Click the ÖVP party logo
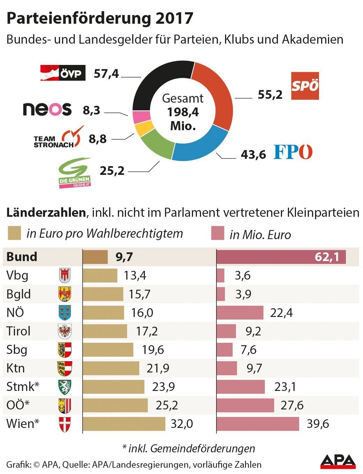63,73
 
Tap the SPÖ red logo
305,86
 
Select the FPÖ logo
293,152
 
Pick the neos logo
47,109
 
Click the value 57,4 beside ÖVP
106,74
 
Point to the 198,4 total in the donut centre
183,112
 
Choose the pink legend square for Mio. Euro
217,233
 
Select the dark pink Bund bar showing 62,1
281,257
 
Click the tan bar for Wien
124,424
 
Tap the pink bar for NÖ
240,312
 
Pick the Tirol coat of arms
65,331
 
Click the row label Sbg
17,350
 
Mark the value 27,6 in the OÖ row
292,405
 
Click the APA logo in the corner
338,461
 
